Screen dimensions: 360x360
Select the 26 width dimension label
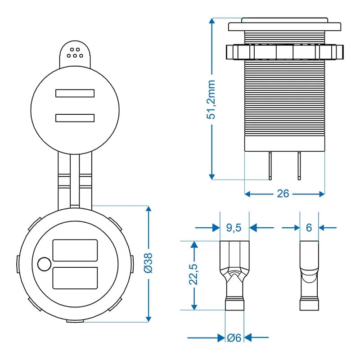point(283,194)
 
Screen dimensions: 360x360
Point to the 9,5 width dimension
point(234,228)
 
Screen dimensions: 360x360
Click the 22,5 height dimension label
point(194,274)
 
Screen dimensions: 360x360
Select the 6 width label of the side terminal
point(309,228)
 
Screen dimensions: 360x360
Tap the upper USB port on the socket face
point(75,250)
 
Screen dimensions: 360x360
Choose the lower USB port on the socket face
point(75,278)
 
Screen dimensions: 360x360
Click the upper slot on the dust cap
point(75,93)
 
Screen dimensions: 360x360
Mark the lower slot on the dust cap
point(75,118)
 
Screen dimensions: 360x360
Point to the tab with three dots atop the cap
point(75,52)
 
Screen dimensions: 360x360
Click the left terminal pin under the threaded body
point(270,166)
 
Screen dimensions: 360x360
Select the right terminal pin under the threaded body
point(298,166)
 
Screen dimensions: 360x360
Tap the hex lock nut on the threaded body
point(284,52)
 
